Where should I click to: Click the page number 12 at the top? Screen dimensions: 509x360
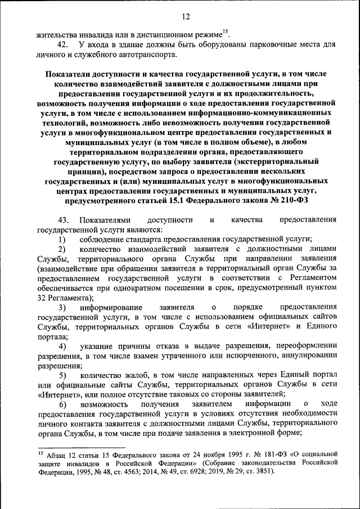(186, 16)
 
